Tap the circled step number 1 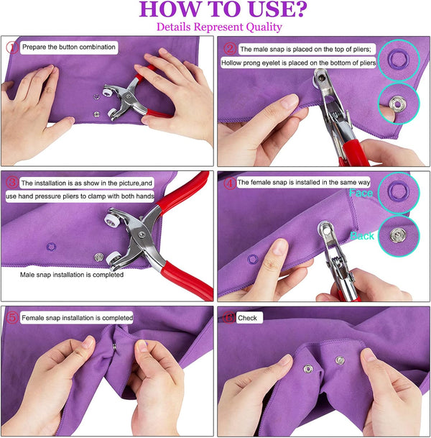coord(12,47)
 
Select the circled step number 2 coord(231,50)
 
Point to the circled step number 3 coord(12,183)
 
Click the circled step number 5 coord(12,317)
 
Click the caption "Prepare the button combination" coord(68,47)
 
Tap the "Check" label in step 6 coord(250,317)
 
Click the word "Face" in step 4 coord(361,193)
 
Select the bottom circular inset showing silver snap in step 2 coord(397,101)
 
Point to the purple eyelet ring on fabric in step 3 coord(50,246)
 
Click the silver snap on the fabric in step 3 coord(98,255)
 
